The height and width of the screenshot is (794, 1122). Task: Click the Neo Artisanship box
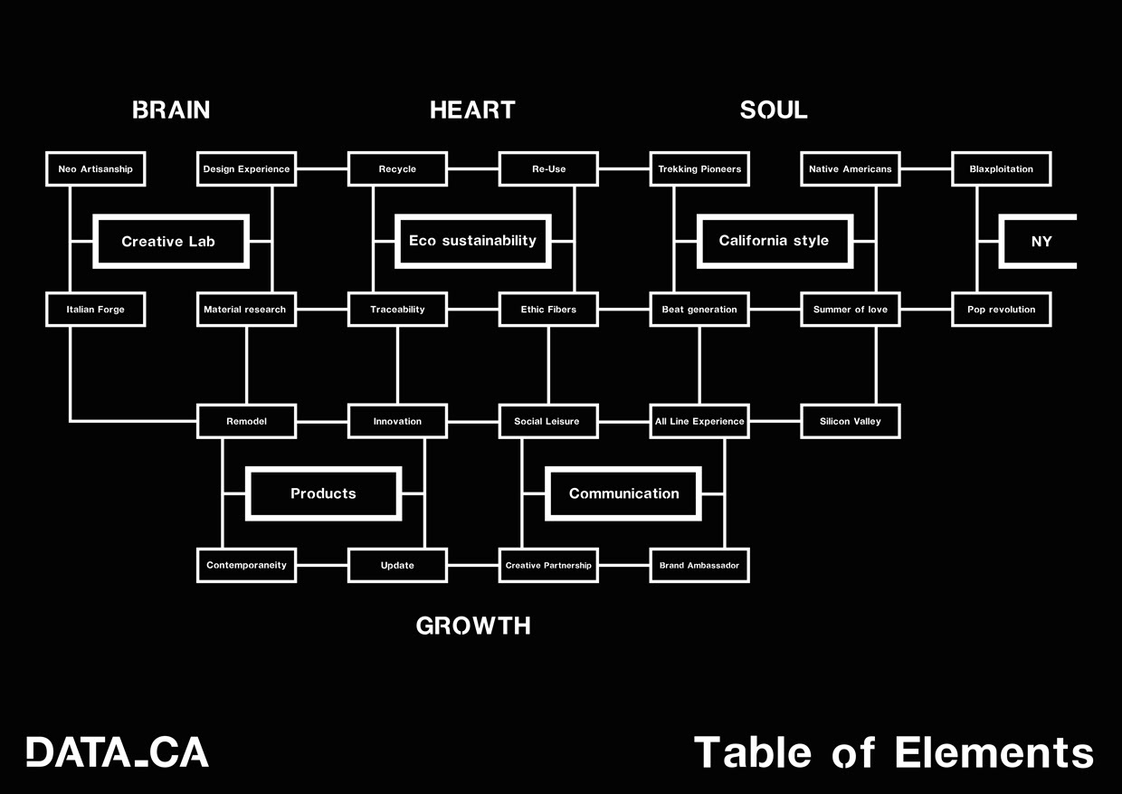[x=95, y=169]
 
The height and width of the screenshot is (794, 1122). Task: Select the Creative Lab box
[x=171, y=242]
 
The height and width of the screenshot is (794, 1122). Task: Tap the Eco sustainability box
[x=472, y=241]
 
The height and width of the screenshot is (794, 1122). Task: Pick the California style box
[x=774, y=241]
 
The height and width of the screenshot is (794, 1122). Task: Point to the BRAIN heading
[x=171, y=110]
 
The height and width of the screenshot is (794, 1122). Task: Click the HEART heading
[x=472, y=110]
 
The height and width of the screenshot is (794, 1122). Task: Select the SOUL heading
[x=774, y=110]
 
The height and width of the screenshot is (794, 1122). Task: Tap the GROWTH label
[x=473, y=626]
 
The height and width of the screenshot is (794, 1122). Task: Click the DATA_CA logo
[x=118, y=752]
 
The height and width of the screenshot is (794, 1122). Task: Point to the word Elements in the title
[x=994, y=753]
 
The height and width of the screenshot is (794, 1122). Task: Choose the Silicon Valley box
[x=850, y=421]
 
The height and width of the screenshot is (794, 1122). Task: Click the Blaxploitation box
[x=1001, y=169]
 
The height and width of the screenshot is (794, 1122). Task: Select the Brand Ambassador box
[x=699, y=565]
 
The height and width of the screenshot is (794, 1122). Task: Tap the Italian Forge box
[x=95, y=310]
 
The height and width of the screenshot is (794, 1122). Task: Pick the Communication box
[x=623, y=493]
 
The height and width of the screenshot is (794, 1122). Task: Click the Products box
[x=323, y=493]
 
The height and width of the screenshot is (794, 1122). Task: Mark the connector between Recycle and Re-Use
[x=472, y=169]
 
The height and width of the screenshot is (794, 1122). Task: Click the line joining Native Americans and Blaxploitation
[x=926, y=169]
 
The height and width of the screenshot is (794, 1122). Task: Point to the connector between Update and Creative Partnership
[x=472, y=565]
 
